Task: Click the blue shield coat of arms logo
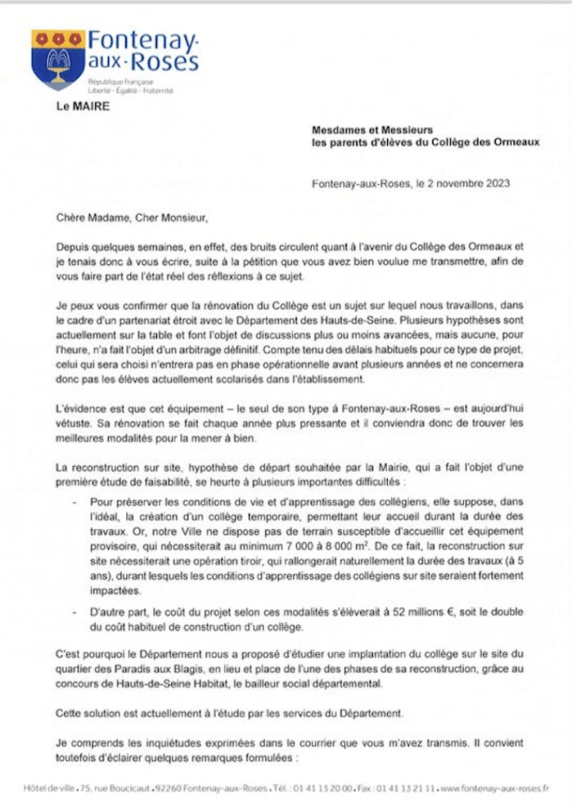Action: pyautogui.click(x=58, y=59)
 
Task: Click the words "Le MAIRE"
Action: pyautogui.click(x=82, y=105)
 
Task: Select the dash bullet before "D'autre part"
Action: pyautogui.click(x=74, y=614)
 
